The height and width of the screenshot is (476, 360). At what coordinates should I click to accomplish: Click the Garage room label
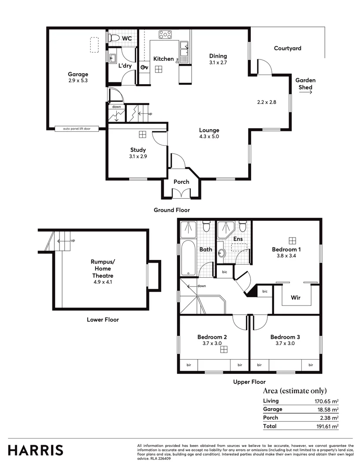[x=78, y=74]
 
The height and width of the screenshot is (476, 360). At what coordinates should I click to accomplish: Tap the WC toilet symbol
[x=112, y=38]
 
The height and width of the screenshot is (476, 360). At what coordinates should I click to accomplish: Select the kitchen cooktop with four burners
[x=166, y=34]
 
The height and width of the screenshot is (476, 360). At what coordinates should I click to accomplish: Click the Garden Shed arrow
[x=305, y=88]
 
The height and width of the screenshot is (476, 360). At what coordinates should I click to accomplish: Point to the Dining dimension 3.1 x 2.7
[x=218, y=63]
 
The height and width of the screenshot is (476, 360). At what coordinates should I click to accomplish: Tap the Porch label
[x=181, y=182]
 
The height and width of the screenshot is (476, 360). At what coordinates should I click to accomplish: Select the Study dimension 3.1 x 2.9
[x=137, y=156]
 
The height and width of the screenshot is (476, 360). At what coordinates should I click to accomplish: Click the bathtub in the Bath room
[x=187, y=258]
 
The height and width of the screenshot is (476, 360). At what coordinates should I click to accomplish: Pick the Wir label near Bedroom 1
[x=296, y=297]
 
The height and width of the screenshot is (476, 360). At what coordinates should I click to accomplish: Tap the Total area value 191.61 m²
[x=327, y=426]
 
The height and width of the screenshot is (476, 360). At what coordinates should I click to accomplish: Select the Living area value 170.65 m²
[x=326, y=401]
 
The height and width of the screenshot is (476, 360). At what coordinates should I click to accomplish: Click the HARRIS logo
[x=36, y=450]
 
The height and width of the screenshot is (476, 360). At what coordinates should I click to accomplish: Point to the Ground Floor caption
[x=172, y=210]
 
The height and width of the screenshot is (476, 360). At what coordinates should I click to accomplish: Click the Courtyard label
[x=287, y=48]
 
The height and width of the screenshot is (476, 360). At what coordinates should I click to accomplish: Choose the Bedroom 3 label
[x=285, y=337]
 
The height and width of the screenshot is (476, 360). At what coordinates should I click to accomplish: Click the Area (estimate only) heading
[x=295, y=390]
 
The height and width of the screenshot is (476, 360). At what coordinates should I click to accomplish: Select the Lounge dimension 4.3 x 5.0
[x=209, y=136]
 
